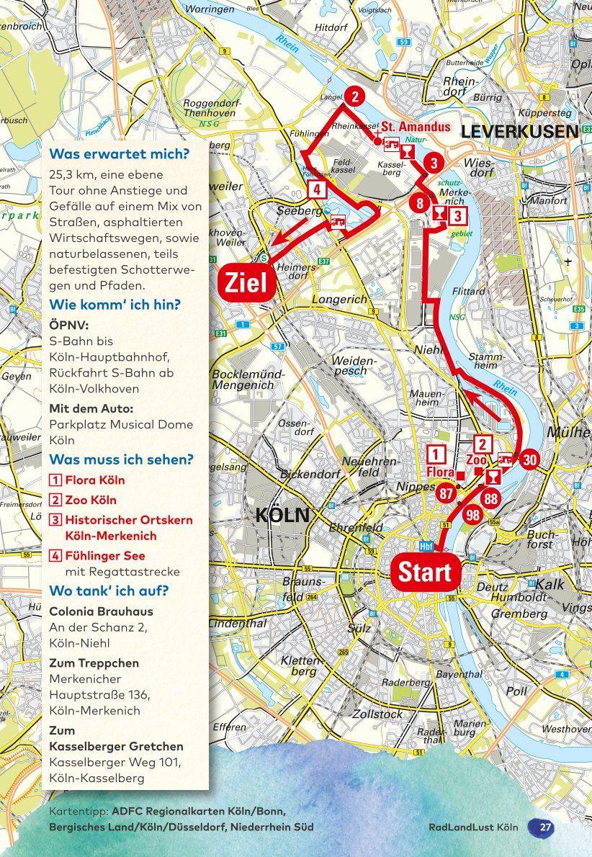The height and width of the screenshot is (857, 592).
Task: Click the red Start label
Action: tap(425, 573)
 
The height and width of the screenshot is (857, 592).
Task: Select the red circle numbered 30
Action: tap(529, 459)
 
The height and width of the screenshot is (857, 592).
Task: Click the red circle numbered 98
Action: tap(473, 514)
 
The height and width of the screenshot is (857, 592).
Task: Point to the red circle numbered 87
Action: tap(446, 493)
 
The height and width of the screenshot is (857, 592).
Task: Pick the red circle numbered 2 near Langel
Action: tap(354, 96)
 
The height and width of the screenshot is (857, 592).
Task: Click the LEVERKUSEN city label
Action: tap(519, 132)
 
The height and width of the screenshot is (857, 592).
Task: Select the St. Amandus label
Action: tap(416, 127)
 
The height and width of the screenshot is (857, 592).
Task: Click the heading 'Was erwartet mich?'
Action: tap(119, 154)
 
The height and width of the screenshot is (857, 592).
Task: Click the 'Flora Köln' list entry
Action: tap(94, 480)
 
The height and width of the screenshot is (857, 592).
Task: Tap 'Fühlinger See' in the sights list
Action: tap(104, 556)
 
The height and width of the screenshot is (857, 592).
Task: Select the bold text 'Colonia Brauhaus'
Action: tap(101, 611)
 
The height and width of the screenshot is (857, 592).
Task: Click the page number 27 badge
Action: tap(545, 827)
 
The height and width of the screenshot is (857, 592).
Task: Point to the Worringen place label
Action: tap(210, 9)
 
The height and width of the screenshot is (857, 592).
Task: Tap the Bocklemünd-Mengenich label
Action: tap(243, 380)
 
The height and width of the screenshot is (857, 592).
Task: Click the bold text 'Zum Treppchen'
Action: tap(94, 663)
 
